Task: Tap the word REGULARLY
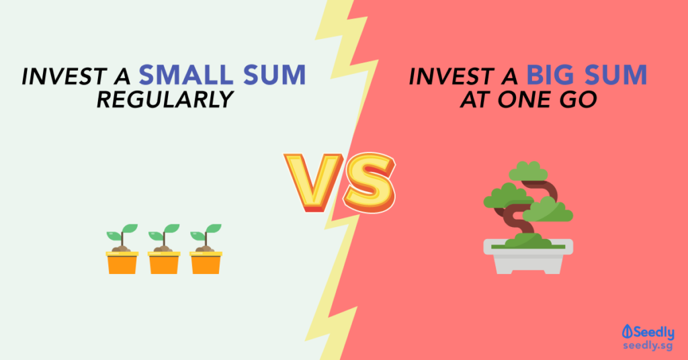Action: coord(165,99)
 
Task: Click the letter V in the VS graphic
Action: coord(314,182)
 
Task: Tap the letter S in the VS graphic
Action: coord(369,183)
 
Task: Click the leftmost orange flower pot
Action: coord(122,263)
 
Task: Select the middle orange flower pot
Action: coord(164,263)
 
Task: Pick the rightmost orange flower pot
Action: coord(206,263)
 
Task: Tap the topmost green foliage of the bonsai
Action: coord(528,171)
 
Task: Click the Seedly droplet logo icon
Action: coord(628,332)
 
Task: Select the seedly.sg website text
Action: coord(648,346)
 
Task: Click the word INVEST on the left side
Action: coord(64,76)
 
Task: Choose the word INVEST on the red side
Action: coord(452,76)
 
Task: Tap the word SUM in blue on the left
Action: coord(275,75)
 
